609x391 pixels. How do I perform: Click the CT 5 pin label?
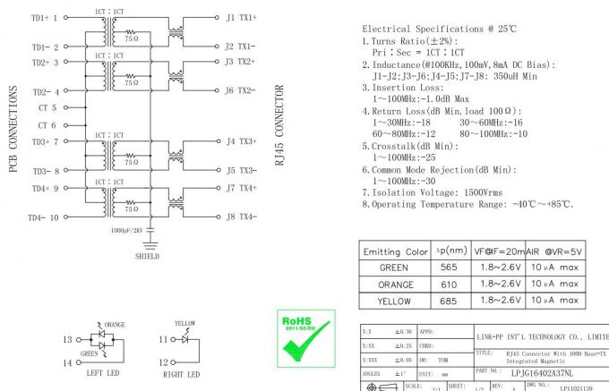pos(47,107)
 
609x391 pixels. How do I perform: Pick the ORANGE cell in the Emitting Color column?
pos(395,285)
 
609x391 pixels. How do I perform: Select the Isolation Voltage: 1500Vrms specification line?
pos(432,191)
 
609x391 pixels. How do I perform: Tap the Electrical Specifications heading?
pos(438,29)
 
